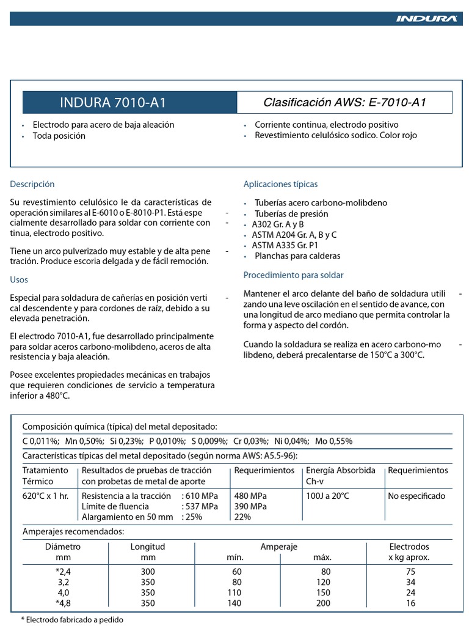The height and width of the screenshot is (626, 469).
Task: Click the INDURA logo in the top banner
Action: click(426, 19)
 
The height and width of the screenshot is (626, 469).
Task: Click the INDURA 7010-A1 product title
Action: click(113, 103)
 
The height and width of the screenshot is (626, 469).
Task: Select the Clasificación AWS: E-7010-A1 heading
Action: click(344, 103)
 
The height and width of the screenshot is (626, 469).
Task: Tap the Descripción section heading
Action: click(32, 184)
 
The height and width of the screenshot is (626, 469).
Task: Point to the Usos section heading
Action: click(19, 279)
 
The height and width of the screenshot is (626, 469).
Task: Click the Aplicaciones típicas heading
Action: click(280, 184)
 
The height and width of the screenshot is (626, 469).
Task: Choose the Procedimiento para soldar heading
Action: click(293, 275)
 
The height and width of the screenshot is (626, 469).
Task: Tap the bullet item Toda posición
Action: click(59, 136)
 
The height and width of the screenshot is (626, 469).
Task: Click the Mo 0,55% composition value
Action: click(334, 441)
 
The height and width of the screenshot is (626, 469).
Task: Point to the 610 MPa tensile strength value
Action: click(200, 496)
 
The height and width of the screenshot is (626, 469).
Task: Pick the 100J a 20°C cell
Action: click(328, 496)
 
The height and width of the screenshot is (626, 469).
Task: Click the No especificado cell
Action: click(416, 496)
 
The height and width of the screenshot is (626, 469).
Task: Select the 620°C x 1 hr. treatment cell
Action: click(46, 496)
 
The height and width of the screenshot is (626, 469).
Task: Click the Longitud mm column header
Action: click(148, 551)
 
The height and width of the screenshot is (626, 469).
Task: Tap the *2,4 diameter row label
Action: click(63, 571)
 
